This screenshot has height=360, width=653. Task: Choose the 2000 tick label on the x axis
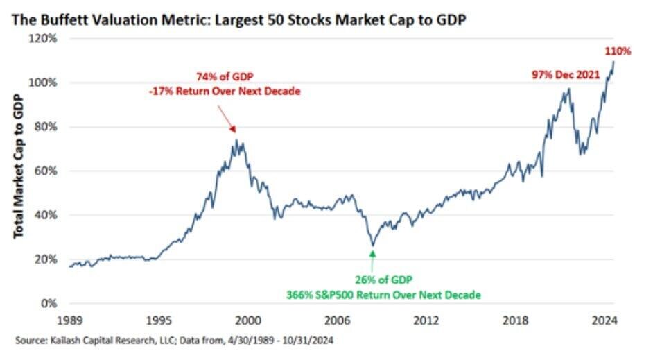[x=248, y=320]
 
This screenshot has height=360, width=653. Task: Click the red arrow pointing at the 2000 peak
[x=227, y=117]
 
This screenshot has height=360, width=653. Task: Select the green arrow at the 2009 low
[x=372, y=259]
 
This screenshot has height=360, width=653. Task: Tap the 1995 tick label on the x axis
[x=159, y=320]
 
